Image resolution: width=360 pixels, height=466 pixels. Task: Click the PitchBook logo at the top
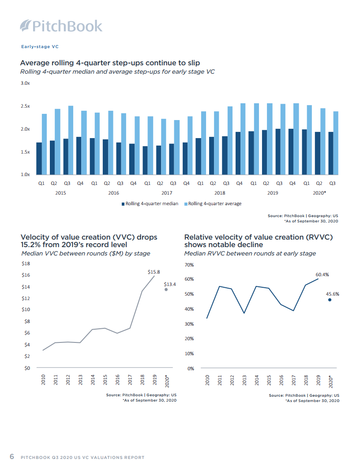[61, 26]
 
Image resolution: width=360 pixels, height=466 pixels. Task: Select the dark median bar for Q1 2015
[39, 158]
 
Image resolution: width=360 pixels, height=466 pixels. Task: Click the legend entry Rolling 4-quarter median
[150, 203]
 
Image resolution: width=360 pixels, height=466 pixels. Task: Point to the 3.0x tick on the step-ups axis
[25, 83]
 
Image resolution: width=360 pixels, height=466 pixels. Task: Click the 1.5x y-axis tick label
[25, 152]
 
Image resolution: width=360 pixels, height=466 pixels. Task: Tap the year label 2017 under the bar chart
[166, 193]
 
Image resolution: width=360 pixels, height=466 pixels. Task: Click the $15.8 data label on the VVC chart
[154, 272]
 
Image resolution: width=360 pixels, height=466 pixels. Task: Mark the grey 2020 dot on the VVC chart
[166, 289]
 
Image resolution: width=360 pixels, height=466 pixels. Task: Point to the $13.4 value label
[170, 284]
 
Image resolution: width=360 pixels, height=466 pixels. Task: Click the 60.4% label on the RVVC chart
[322, 274]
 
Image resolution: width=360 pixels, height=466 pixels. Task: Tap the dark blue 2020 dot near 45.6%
[330, 300]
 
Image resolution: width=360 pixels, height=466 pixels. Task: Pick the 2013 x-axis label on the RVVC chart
[244, 380]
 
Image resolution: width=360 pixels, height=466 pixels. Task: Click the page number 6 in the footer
[12, 457]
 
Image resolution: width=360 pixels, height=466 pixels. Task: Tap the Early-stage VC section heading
[40, 46]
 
